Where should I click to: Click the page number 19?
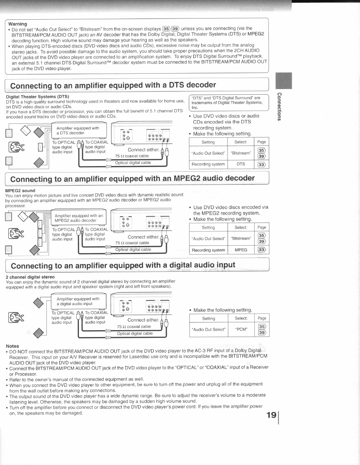[x=271, y=415]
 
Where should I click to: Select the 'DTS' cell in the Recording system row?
[x=241, y=164]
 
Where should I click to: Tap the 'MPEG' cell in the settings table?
[x=241, y=250]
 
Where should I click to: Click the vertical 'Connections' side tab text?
[x=279, y=107]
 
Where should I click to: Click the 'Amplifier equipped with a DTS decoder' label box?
[x=78, y=131]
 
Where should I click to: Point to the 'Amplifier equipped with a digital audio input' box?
[x=78, y=301]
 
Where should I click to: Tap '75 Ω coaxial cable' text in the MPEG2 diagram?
[x=132, y=243]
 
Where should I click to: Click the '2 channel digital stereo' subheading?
[x=30, y=277]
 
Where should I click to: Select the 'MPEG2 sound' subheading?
[x=20, y=191]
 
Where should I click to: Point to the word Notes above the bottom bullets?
[x=12, y=346]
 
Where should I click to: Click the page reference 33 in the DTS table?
[x=262, y=164]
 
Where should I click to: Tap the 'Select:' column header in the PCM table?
[x=241, y=319]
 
